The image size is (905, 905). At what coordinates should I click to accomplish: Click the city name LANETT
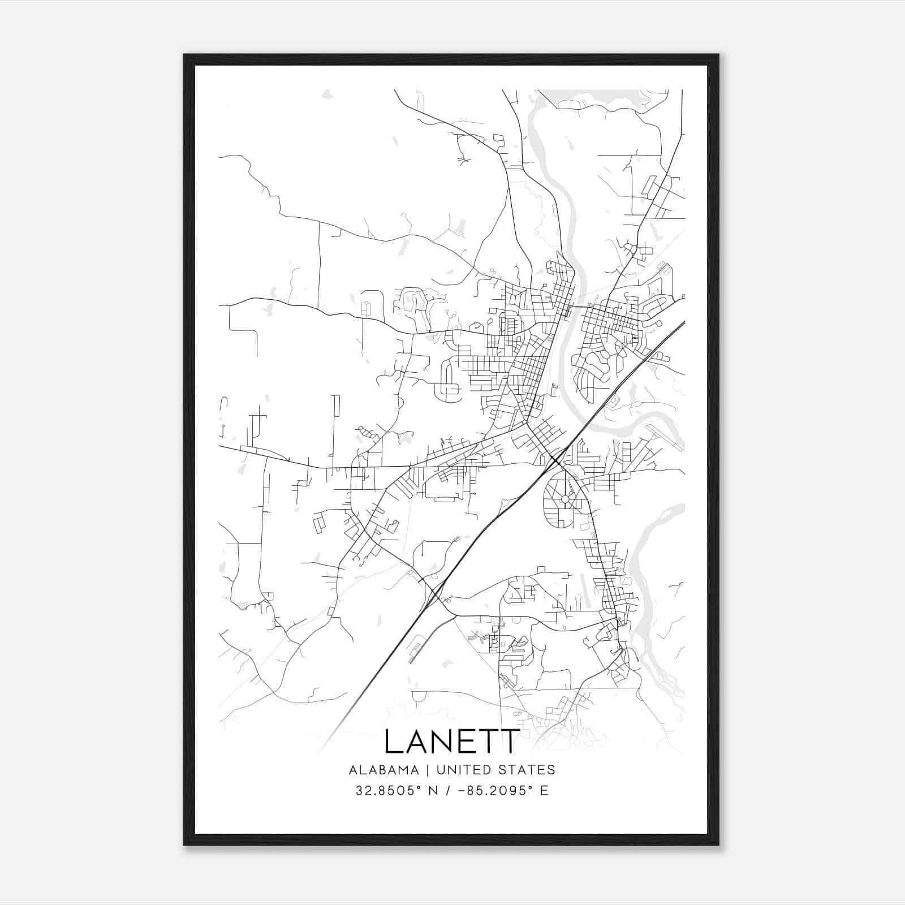pos(452,742)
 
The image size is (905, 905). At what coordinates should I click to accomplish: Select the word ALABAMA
pos(384,770)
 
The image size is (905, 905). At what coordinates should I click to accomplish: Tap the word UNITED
pos(464,770)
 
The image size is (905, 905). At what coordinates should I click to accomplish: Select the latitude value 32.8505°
pos(390,791)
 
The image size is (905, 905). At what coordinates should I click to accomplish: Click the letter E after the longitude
pos(544,791)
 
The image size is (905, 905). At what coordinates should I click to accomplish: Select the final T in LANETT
pos(510,742)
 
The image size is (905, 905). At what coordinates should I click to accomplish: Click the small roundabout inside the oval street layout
pos(565,499)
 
